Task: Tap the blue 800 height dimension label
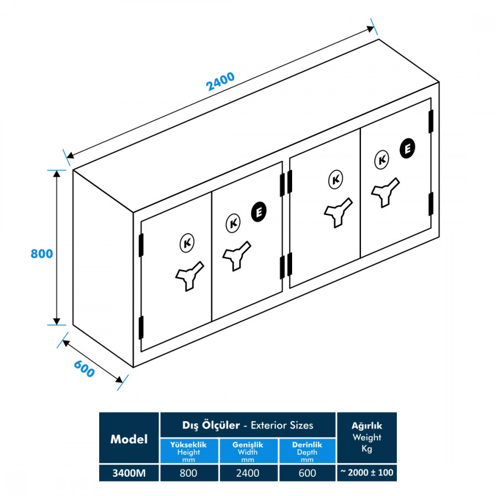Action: click(42, 254)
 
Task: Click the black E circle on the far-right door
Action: click(407, 148)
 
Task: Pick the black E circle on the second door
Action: click(258, 212)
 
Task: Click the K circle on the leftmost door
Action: click(187, 242)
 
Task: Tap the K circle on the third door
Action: click(335, 180)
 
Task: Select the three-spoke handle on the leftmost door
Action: click(189, 276)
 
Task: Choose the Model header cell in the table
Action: click(129, 439)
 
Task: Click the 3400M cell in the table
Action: click(129, 473)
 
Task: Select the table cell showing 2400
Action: click(248, 473)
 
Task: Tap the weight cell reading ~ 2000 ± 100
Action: click(366, 473)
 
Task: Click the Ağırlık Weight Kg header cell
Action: click(366, 438)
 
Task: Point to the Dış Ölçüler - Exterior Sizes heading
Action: click(247, 425)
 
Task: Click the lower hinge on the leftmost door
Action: click(141, 327)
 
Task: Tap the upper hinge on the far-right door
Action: click(431, 121)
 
